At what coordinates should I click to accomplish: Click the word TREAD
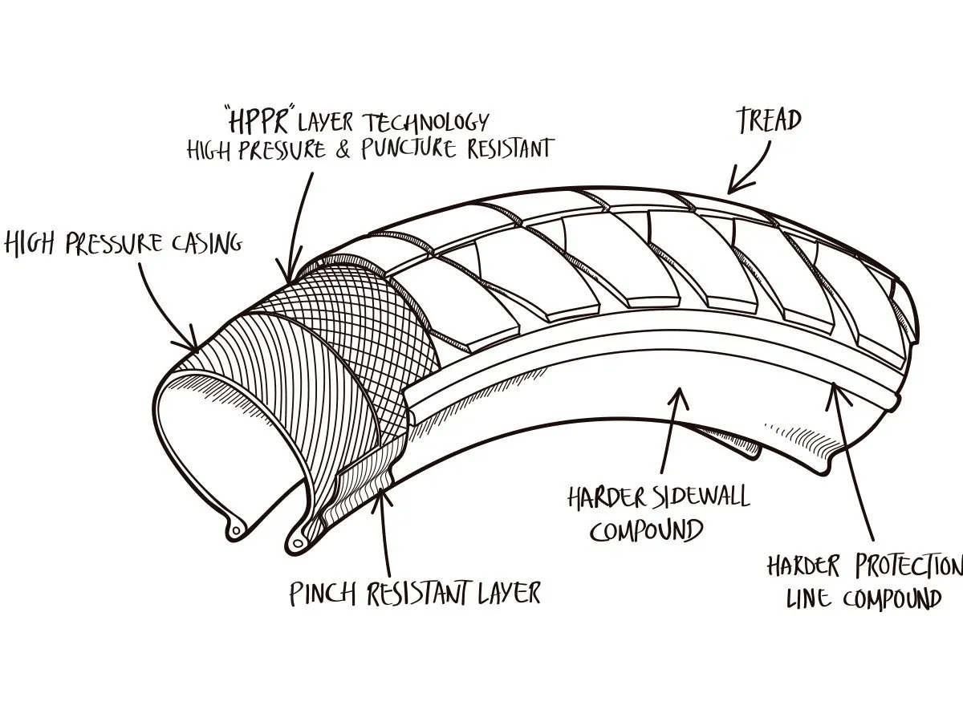(x=769, y=120)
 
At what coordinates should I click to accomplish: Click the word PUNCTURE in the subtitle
(x=416, y=149)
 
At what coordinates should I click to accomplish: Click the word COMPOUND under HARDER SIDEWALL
(x=647, y=531)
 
